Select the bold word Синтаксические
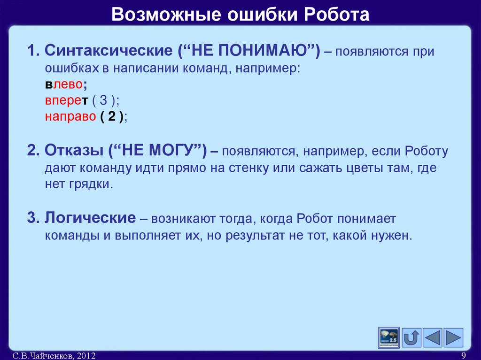coord(109,51)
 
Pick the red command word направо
coord(70,117)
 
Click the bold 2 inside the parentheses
coord(112,117)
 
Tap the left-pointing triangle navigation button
coord(432,337)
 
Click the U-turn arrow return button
coord(411,337)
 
